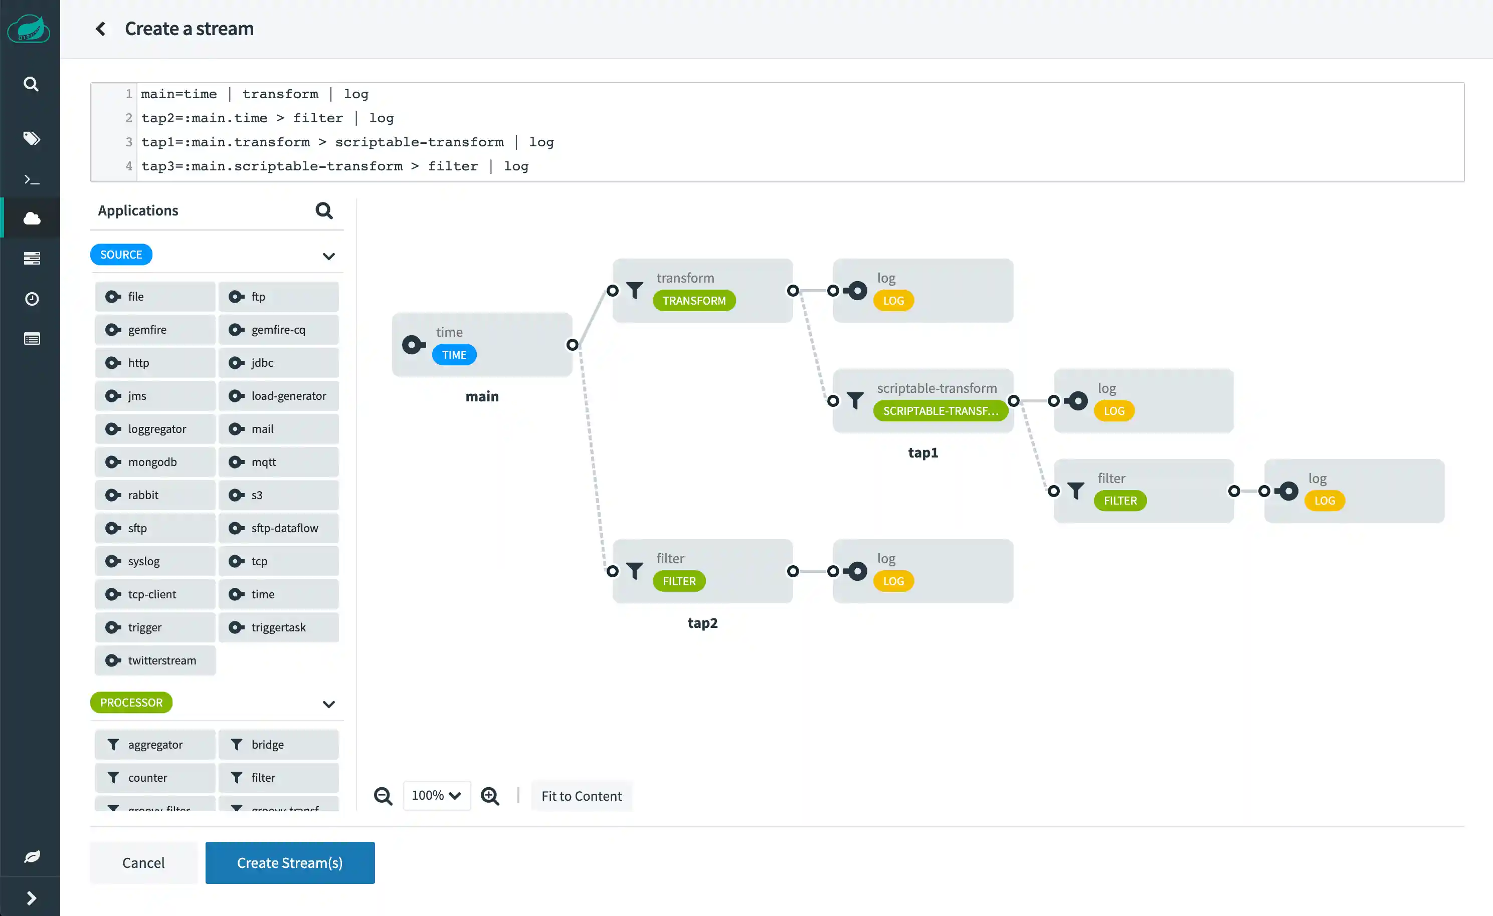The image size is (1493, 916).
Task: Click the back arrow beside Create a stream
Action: pos(101,29)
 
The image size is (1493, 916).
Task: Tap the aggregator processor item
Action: pos(155,744)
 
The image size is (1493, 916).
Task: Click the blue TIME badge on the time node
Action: pos(454,354)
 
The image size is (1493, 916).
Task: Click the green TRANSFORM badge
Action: pos(694,301)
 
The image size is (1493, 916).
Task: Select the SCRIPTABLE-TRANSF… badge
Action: pos(940,411)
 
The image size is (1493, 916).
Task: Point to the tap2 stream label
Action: pos(702,623)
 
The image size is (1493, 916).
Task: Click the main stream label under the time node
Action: pos(482,396)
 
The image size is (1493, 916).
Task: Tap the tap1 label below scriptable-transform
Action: pos(923,452)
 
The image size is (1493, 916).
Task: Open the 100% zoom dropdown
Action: pos(436,795)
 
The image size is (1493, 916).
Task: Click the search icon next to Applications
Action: pos(324,210)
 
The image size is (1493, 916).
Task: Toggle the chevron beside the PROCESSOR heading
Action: pos(328,704)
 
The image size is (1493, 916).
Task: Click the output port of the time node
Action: pos(572,345)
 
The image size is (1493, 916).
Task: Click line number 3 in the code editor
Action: pos(128,142)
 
